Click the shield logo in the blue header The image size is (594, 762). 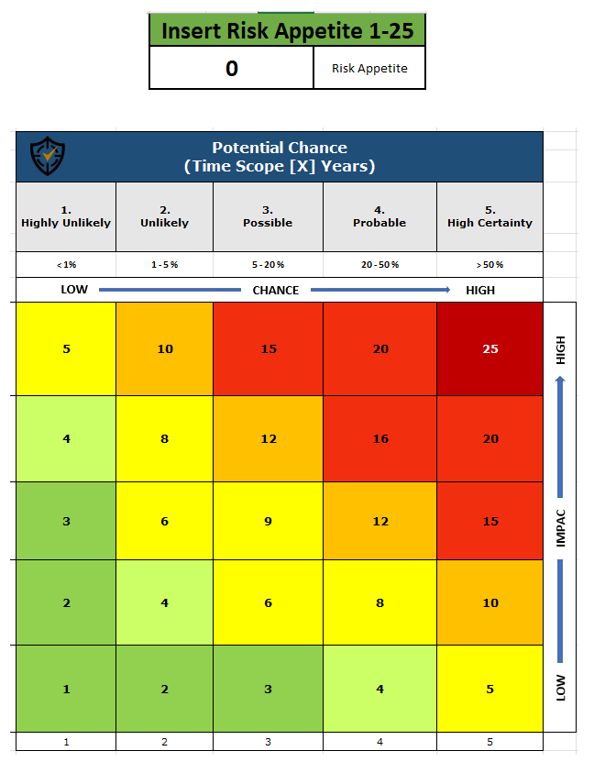click(48, 156)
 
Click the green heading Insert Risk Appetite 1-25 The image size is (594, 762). click(287, 31)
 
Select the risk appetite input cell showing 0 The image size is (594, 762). click(231, 68)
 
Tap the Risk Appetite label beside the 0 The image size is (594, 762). click(369, 68)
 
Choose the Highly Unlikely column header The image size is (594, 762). click(66, 216)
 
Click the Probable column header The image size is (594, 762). click(379, 216)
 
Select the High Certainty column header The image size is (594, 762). click(489, 216)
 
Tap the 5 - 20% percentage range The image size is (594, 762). click(268, 264)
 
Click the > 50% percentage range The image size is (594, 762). click(489, 264)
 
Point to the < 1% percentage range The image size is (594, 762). click(66, 264)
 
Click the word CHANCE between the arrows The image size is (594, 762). click(276, 290)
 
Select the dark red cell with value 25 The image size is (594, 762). click(490, 348)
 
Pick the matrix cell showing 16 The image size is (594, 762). click(379, 438)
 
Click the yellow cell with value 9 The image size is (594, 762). click(268, 521)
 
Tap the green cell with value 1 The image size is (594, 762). click(66, 689)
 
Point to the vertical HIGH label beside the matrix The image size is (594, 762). click(561, 349)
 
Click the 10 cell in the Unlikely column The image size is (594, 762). click(165, 348)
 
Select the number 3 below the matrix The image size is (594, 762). click(268, 742)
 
